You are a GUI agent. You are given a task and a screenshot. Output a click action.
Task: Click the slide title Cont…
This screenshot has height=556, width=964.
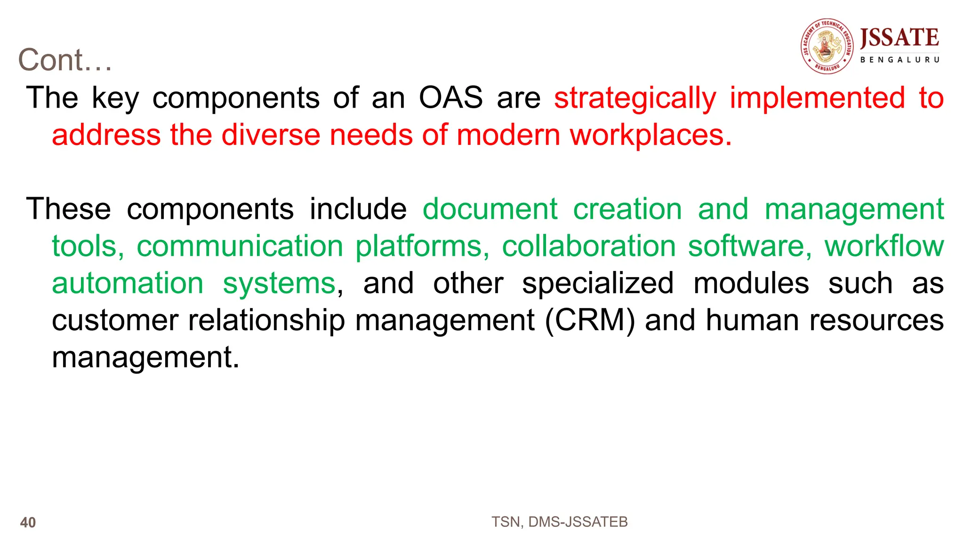tap(65, 60)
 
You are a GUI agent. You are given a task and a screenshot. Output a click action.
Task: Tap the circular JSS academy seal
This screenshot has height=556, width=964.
tap(827, 47)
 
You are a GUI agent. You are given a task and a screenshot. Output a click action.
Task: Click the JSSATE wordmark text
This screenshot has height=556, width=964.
tap(900, 38)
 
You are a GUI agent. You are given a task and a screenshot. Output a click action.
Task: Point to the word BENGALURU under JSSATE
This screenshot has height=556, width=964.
tap(900, 60)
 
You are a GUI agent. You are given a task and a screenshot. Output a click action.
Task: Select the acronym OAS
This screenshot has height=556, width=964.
tap(451, 98)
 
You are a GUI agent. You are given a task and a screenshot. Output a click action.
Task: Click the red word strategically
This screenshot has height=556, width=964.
tap(635, 99)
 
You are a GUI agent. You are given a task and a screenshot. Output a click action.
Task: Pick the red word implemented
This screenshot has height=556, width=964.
tap(817, 99)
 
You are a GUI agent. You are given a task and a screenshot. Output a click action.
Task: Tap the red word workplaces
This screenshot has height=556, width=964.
tap(651, 135)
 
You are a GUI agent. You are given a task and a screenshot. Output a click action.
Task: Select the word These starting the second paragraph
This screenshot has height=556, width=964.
tap(69, 209)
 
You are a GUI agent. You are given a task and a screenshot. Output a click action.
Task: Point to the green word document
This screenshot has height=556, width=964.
tap(490, 209)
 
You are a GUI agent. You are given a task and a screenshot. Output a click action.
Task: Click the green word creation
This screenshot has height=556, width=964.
tap(627, 209)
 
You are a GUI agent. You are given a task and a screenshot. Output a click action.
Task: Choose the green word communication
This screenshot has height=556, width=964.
tap(240, 246)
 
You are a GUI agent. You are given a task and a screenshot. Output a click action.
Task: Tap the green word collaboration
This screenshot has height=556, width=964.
tap(589, 246)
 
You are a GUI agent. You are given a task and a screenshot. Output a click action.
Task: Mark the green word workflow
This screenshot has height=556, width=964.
tap(884, 246)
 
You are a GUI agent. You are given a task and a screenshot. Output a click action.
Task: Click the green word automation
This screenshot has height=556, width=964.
tap(128, 283)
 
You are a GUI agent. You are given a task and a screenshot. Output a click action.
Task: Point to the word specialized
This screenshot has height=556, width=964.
tap(598, 283)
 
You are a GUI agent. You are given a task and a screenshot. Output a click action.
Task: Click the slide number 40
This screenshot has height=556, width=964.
tap(28, 523)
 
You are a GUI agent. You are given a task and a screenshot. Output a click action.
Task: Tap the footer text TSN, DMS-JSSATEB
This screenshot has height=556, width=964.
tap(559, 522)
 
